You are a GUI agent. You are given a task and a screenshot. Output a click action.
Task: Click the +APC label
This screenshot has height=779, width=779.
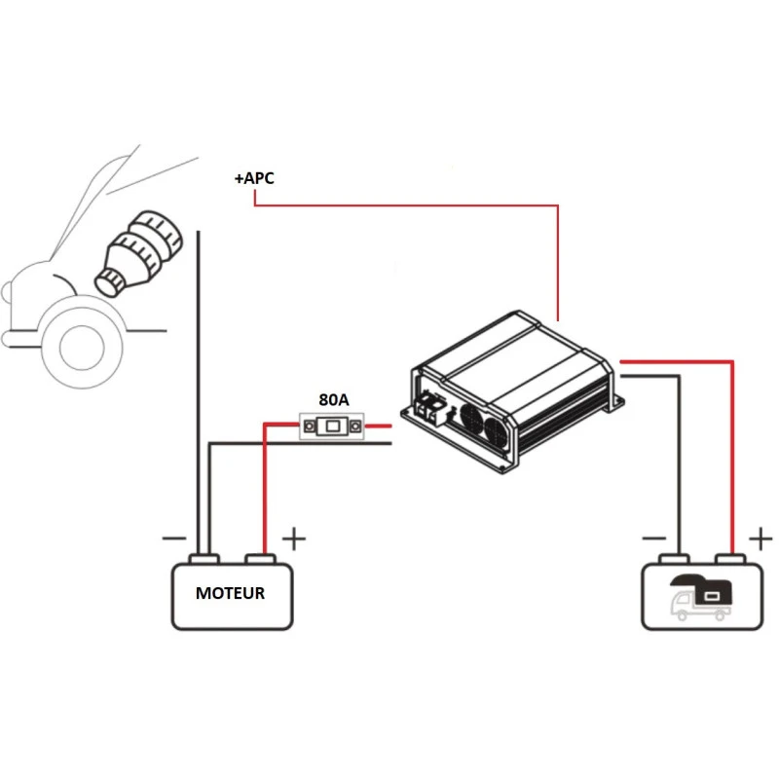pos(253,179)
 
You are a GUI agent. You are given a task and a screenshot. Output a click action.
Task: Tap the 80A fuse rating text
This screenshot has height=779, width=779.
pos(333,399)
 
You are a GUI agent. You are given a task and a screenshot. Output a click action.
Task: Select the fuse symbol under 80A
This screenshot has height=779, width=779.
pos(333,426)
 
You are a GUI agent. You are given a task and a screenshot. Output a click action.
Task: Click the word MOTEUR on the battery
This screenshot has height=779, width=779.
pos(230,593)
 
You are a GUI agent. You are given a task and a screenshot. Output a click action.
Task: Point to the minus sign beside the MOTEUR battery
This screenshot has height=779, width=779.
pos(173,538)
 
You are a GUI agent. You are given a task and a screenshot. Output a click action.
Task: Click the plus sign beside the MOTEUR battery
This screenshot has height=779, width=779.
pos(293,538)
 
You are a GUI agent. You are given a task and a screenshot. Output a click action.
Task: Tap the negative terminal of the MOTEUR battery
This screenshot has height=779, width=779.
pos(204,560)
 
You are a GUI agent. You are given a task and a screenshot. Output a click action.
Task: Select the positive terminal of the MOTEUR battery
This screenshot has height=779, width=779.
pos(261,560)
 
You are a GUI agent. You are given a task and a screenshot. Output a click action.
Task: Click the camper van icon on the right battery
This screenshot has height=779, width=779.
pos(699,596)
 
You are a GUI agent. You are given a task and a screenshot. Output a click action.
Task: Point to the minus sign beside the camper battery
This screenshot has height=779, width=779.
pos(652,538)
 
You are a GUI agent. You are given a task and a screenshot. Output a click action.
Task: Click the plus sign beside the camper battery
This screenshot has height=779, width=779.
pos(760,538)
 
